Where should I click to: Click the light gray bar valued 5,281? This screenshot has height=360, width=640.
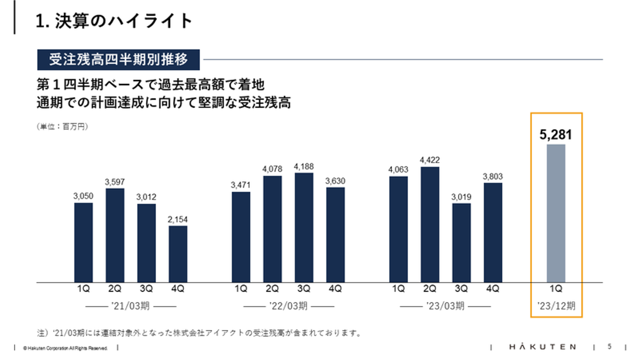556,213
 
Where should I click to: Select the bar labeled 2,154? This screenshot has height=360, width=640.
178,254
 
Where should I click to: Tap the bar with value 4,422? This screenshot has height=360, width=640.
430,224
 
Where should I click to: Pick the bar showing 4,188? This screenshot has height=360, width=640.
304,228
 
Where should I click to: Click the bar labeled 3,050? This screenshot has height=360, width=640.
84,242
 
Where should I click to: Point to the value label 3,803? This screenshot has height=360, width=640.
493,176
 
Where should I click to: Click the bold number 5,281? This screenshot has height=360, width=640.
556,135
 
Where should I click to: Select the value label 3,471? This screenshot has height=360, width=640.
241,185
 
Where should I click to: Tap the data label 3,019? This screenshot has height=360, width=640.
461,197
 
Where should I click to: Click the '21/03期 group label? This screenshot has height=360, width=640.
131,306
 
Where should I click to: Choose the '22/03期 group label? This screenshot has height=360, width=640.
288,306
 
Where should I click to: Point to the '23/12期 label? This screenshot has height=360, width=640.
556,306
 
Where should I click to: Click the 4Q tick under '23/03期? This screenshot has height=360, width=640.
493,289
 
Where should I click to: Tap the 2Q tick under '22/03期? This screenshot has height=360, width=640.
272,289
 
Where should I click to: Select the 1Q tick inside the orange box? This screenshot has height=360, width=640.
556,289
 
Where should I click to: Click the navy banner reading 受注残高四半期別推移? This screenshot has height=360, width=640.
118,60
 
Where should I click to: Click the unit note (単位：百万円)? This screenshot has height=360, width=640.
62,127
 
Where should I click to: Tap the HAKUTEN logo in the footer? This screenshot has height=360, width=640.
543,347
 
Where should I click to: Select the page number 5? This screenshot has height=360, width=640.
609,346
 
